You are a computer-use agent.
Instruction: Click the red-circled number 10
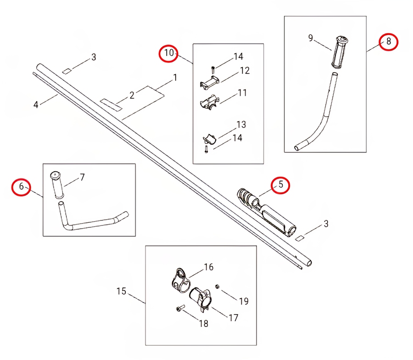coord(168,53)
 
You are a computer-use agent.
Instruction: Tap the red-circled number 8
coord(389,41)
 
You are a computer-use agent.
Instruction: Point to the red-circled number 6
coord(21,186)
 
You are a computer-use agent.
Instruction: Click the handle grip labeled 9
coord(340,51)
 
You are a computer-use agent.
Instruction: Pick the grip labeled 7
coord(57,185)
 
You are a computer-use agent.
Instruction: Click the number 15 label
coord(122,291)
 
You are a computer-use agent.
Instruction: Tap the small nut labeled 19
coord(218,287)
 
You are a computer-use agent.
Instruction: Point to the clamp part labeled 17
coord(201,299)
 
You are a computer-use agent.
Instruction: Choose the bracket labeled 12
coord(210,81)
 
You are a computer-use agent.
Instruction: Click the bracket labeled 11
coord(209,102)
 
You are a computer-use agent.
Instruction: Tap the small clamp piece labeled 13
coord(209,139)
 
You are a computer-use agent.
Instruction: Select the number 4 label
coord(36,105)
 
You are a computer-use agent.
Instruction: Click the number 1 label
coord(175,78)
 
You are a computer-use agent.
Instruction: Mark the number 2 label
coord(132,95)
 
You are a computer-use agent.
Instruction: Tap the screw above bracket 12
coord(213,70)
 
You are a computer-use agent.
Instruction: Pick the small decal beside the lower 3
coord(299,238)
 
